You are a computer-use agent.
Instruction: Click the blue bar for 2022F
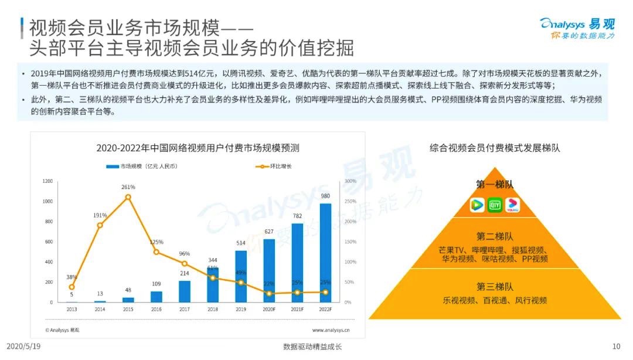coord(325,253)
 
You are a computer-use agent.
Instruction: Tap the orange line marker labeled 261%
coord(128,197)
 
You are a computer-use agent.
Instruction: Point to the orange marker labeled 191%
coord(100,225)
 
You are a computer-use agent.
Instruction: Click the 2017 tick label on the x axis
coord(185,308)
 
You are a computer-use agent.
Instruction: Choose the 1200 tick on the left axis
coord(47,181)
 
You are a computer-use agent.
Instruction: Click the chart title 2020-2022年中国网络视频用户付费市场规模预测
coord(198,148)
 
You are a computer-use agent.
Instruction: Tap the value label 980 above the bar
coord(325,196)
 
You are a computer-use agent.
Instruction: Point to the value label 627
coord(269,232)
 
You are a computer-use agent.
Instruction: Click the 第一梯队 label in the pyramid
coord(495,184)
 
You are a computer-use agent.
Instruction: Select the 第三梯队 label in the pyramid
coord(495,287)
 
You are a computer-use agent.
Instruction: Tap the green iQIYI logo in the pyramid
coord(495,205)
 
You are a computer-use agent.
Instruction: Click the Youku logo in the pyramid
coord(512,205)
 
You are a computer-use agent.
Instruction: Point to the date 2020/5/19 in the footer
coord(23,347)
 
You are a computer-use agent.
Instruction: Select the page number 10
coord(615,347)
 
